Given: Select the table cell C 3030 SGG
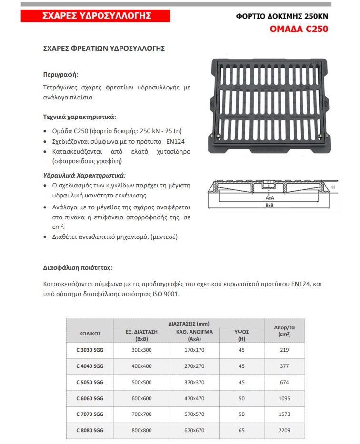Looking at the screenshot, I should pyautogui.click(x=90, y=350).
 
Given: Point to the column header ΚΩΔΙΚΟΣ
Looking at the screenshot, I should pyautogui.click(x=90, y=334).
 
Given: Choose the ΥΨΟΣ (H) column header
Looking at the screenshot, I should pyautogui.click(x=241, y=335).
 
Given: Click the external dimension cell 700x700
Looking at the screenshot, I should pyautogui.click(x=141, y=414).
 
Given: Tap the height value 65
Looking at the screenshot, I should pyautogui.click(x=241, y=430).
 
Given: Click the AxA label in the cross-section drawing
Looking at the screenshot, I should pyautogui.click(x=270, y=197).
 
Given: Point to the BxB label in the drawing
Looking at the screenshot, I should pyautogui.click(x=270, y=205).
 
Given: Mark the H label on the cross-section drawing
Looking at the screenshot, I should pyautogui.click(x=333, y=187).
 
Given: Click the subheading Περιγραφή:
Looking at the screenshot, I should pyautogui.click(x=60, y=75).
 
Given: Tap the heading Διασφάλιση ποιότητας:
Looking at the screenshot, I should pyautogui.click(x=78, y=268).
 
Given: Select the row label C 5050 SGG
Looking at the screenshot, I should pyautogui.click(x=90, y=382).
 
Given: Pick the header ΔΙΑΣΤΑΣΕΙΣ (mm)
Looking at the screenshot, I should pyautogui.click(x=189, y=323).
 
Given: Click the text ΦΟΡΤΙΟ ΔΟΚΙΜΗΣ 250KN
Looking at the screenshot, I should pyautogui.click(x=282, y=16).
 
